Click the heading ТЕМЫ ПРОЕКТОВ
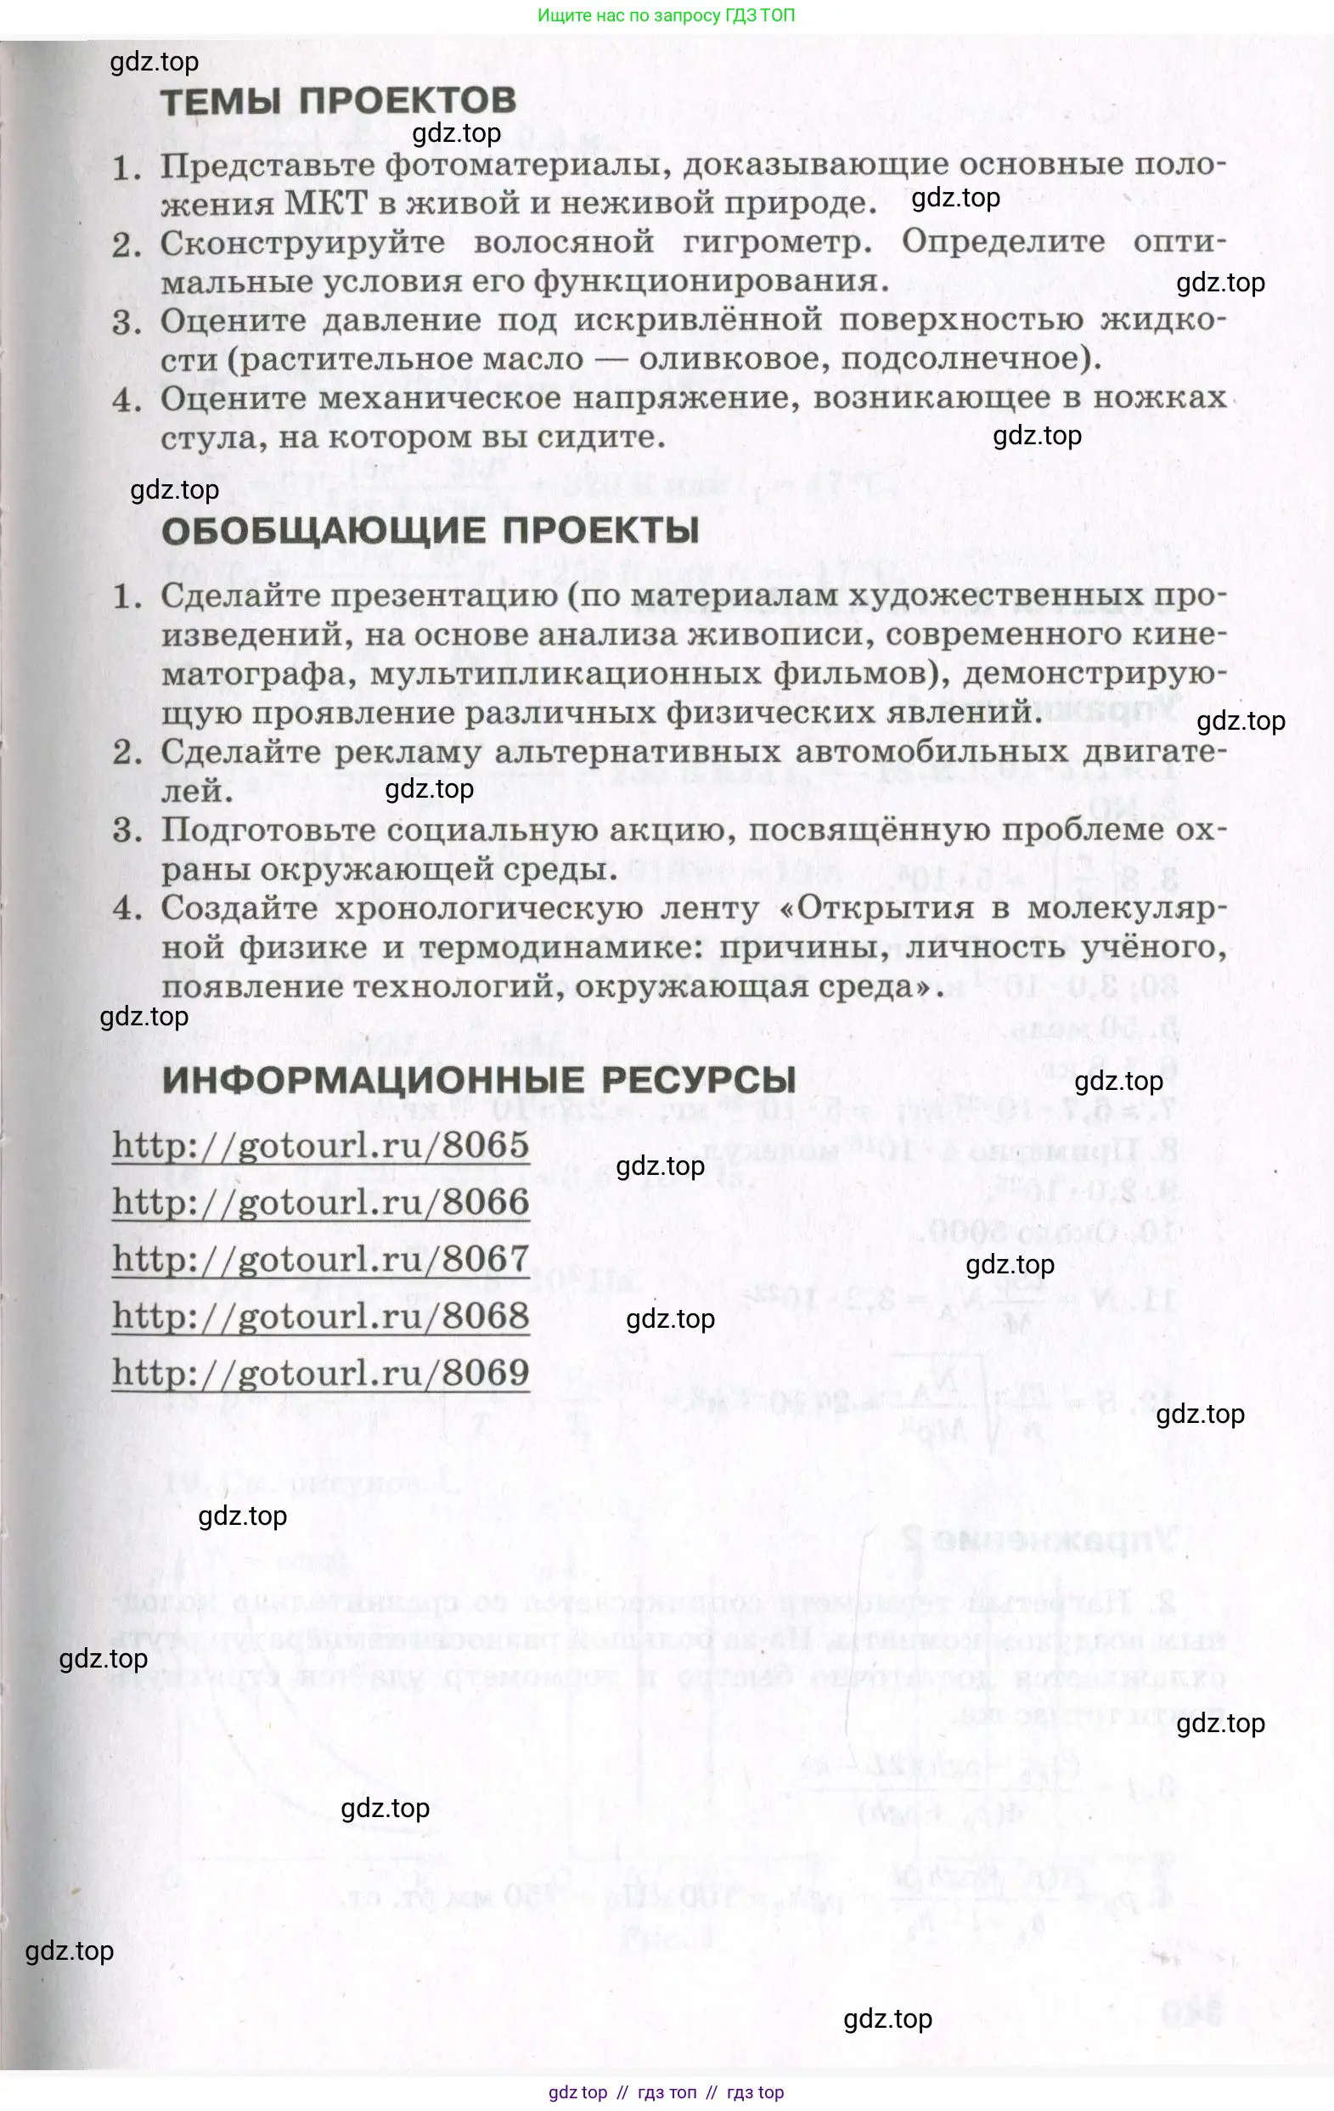[338, 101]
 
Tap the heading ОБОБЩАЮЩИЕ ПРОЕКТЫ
[431, 530]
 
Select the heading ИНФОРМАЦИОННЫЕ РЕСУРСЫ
[480, 1080]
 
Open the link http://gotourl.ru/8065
[321, 1145]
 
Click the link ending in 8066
[321, 1202]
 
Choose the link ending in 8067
[321, 1259]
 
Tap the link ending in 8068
[321, 1316]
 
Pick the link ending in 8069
[321, 1373]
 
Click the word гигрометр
[777, 242]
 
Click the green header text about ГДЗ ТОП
[666, 15]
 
